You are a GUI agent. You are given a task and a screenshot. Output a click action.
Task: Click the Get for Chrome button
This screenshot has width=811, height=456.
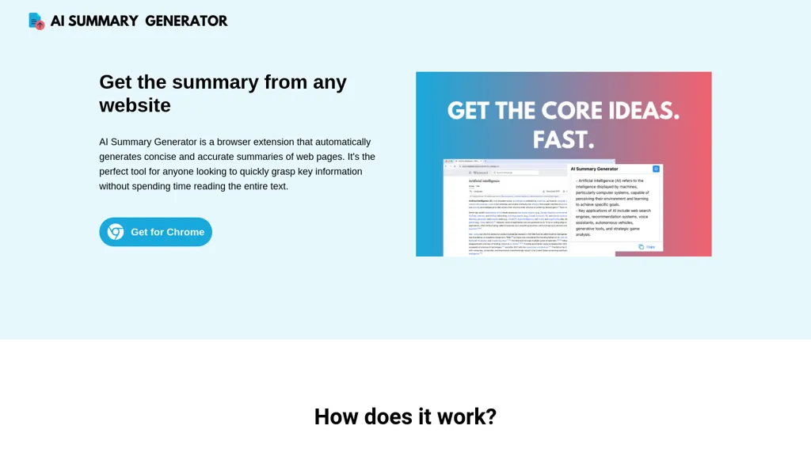[156, 232]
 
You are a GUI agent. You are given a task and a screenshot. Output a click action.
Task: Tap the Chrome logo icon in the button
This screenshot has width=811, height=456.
[116, 232]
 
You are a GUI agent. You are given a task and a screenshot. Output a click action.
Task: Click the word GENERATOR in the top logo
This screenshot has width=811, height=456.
[186, 21]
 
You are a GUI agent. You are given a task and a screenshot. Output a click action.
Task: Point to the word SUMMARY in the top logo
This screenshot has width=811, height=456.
[103, 21]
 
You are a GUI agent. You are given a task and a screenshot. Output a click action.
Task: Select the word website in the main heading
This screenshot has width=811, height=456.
[135, 105]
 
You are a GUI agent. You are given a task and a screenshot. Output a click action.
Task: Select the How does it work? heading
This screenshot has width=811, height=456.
[405, 416]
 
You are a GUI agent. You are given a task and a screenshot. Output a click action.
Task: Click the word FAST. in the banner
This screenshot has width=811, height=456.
[563, 139]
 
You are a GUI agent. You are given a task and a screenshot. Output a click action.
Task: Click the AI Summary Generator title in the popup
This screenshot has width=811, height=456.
[595, 169]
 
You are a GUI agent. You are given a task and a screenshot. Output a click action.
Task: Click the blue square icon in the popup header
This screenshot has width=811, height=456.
[656, 169]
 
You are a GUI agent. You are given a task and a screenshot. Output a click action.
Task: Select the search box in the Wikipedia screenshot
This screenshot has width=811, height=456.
[515, 172]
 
